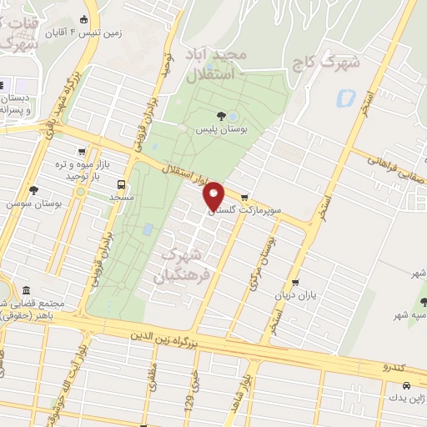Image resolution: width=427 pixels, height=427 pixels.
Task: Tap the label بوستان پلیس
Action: pyautogui.click(x=218, y=130)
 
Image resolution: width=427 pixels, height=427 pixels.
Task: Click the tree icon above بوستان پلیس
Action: pyautogui.click(x=220, y=116)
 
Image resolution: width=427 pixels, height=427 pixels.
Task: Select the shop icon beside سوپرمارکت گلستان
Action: pyautogui.click(x=244, y=198)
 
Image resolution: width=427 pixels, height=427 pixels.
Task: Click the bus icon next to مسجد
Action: pyautogui.click(x=123, y=184)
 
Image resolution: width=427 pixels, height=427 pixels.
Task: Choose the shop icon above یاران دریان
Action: pyautogui.click(x=295, y=282)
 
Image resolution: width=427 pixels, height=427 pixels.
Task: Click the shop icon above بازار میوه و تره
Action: pyautogui.click(x=81, y=151)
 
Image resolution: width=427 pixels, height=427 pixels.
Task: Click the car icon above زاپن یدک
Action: pyautogui.click(x=405, y=386)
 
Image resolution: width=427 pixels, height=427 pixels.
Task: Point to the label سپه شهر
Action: pyautogui.click(x=410, y=315)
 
